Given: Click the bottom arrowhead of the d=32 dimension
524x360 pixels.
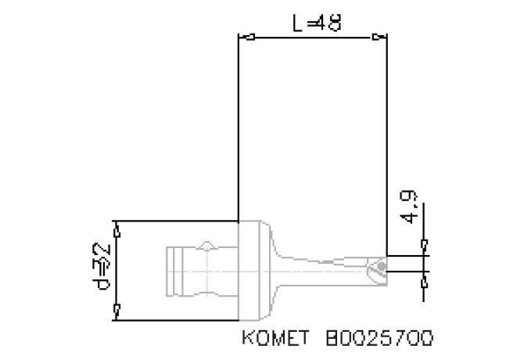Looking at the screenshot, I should coord(117,312).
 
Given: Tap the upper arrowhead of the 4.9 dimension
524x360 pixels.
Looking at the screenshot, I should coord(424,248).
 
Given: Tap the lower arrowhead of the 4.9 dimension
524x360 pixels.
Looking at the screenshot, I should coord(424,278).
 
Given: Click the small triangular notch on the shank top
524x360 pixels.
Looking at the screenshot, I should coord(206,246).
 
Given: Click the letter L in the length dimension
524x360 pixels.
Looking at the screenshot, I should coord(297,23).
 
